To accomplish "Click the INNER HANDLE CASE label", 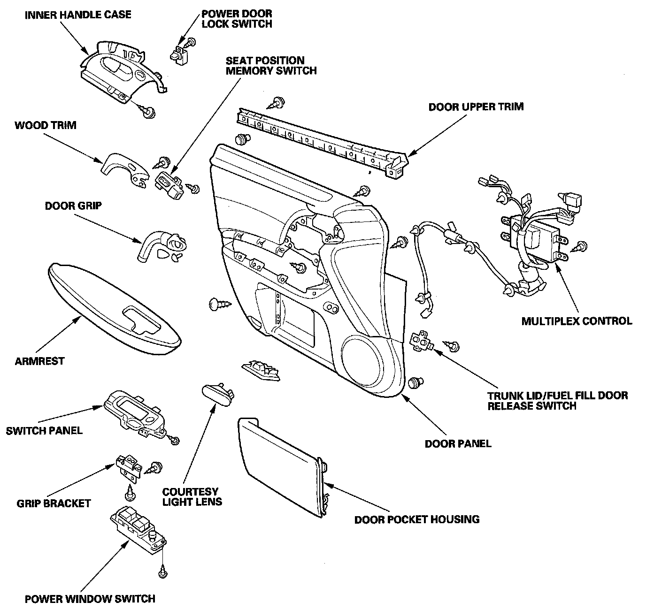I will coord(78,15).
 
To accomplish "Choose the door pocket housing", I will coord(282,469).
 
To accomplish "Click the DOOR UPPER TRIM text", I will coord(476,107).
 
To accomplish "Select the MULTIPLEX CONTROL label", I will coord(577,321).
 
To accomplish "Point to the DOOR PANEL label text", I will coord(458,443).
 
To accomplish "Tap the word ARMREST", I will coord(39,361).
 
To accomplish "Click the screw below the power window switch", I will coord(163,571).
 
